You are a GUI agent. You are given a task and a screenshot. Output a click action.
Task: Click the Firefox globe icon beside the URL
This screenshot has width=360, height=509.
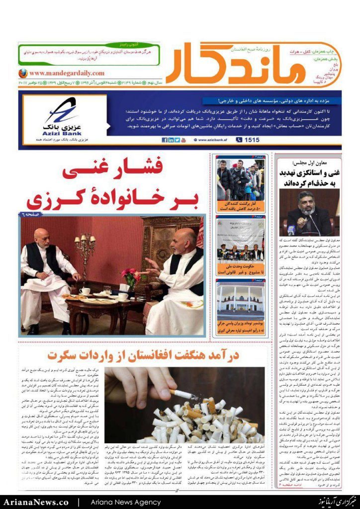(22, 73)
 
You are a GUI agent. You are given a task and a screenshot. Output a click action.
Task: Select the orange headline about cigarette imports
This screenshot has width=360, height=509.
(144, 355)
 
